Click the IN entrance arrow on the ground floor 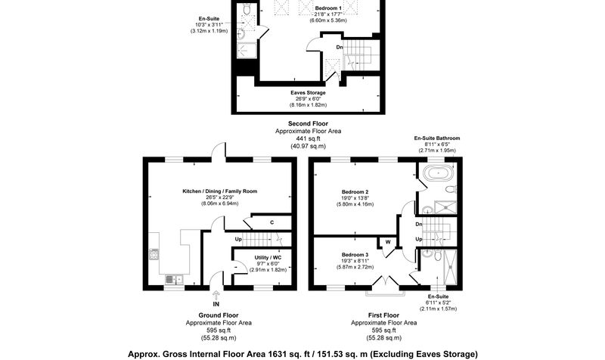click(x=216, y=295)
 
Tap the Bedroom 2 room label click(x=355, y=192)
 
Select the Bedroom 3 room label click(x=355, y=255)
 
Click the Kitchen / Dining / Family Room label click(x=219, y=191)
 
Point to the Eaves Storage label click(x=308, y=92)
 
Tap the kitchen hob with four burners click(x=154, y=254)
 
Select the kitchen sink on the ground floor click(x=175, y=279)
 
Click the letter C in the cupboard click(x=272, y=222)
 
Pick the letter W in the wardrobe click(x=388, y=242)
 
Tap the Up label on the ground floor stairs click(x=238, y=239)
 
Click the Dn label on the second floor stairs click(x=340, y=47)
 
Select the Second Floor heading click(x=308, y=123)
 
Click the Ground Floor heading click(x=219, y=315)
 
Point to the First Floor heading click(x=383, y=315)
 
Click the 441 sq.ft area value click(x=308, y=138)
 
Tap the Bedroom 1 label click(x=328, y=8)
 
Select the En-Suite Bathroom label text click(x=437, y=138)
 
